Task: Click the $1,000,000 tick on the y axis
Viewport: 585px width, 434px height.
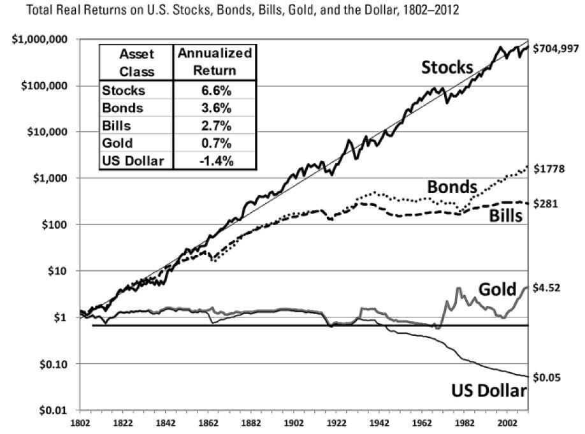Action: (x=40, y=40)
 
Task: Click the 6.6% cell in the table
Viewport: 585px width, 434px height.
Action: (x=214, y=90)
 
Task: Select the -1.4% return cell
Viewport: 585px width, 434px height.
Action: (x=214, y=161)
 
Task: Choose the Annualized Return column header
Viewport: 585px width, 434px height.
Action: (x=214, y=62)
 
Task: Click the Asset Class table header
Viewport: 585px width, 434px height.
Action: (x=137, y=62)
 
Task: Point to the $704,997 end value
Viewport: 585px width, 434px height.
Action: (x=556, y=48)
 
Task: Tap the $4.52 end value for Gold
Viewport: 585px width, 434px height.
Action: (x=547, y=287)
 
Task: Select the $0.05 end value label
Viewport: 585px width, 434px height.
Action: (x=547, y=377)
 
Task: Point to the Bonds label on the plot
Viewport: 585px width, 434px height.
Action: (x=452, y=187)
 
